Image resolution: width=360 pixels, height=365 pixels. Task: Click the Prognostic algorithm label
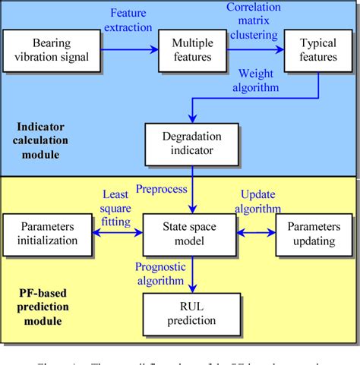[x=161, y=272]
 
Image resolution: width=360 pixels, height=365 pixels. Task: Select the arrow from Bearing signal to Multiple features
[x=128, y=49]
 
